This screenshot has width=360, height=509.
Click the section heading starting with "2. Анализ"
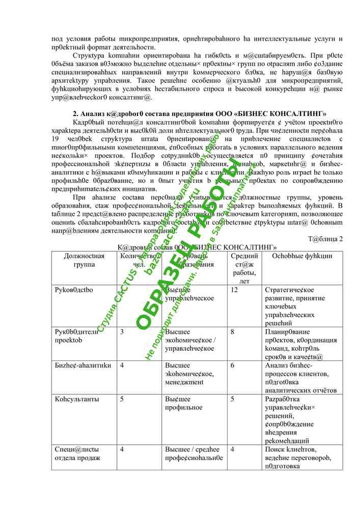[199, 113]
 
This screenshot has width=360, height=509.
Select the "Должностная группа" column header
[84, 260]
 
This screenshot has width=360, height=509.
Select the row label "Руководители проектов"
[76, 336]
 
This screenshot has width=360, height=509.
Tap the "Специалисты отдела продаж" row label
[77, 454]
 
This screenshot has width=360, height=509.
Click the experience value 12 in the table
[234, 290]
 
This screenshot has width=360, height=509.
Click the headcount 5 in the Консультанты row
[122, 399]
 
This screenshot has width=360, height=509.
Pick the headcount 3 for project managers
[122, 332]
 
